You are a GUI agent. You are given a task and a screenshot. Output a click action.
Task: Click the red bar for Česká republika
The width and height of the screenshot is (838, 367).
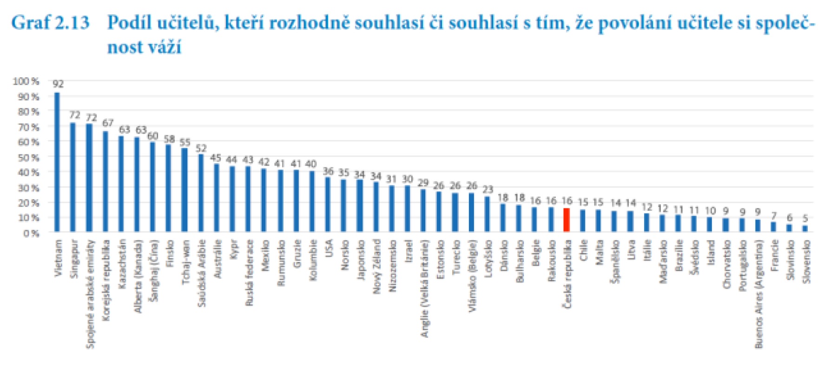(566, 220)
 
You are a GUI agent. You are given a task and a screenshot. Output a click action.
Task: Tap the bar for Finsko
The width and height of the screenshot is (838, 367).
(168, 188)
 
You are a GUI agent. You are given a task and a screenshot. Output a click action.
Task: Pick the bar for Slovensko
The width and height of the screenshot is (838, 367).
(805, 228)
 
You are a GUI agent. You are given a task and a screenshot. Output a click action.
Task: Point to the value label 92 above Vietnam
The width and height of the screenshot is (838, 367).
(58, 84)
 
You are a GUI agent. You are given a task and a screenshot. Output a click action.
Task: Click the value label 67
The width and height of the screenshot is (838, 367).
(108, 123)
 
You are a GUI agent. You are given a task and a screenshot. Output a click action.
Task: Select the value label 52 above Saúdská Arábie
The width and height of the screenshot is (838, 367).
(201, 148)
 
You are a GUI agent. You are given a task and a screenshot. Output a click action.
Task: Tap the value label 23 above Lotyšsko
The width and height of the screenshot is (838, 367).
(488, 189)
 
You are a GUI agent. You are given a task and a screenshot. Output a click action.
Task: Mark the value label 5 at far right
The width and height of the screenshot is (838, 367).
(805, 218)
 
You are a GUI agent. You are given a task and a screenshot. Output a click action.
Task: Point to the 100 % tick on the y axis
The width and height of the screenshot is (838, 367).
(26, 81)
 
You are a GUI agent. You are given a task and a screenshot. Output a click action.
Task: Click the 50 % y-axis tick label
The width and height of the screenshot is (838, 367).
(28, 157)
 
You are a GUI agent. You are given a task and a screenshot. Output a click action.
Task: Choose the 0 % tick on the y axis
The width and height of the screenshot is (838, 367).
(31, 233)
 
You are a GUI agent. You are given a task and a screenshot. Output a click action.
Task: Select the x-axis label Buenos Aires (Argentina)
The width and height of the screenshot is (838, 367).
(759, 294)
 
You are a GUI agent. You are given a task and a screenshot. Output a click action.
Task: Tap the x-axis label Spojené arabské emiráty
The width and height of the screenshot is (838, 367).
(90, 294)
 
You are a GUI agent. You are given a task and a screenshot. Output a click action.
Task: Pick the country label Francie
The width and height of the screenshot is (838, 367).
(774, 255)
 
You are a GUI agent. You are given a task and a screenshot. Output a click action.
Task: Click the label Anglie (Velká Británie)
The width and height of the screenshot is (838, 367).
(424, 288)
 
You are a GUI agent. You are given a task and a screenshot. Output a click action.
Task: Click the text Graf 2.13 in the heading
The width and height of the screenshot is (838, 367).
(50, 22)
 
